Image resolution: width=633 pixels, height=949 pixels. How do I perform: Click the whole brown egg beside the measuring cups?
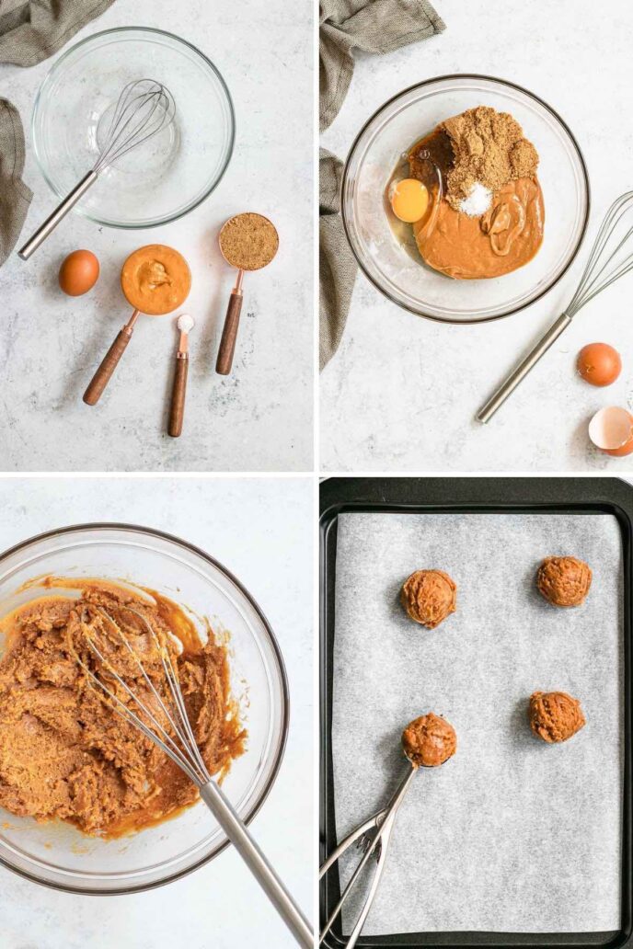click(79, 273)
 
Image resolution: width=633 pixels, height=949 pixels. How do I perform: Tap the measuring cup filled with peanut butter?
click(156, 280)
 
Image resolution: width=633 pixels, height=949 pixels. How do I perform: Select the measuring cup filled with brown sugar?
click(248, 242)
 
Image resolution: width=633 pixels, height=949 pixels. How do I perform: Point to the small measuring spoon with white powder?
click(186, 324)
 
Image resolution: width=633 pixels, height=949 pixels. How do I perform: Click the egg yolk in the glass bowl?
click(409, 200)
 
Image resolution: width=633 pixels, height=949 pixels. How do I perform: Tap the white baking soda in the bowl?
click(476, 199)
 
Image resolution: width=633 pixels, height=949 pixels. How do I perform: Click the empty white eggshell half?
click(611, 428)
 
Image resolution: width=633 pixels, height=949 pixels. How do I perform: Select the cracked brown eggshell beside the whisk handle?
click(599, 364)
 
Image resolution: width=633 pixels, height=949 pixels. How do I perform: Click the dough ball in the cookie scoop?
click(429, 739)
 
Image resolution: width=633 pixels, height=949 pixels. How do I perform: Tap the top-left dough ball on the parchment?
click(429, 598)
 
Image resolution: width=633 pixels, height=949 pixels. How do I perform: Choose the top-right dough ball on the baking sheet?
click(564, 581)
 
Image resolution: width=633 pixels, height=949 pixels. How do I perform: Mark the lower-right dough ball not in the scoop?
click(557, 716)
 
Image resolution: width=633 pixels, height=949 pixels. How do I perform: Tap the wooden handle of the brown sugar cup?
click(229, 333)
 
